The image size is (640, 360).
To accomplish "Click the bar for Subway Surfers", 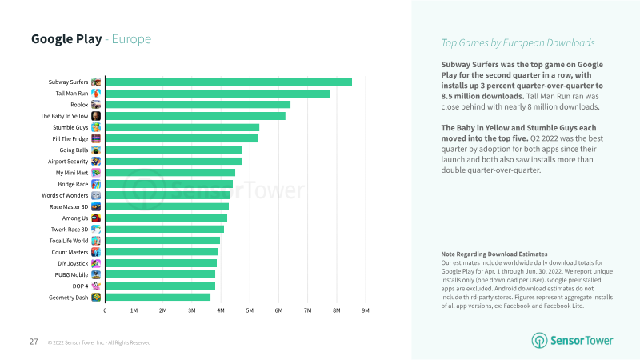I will click(x=228, y=82).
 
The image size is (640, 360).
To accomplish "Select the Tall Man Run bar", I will click(x=217, y=94).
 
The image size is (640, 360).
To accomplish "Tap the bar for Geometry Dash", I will click(x=158, y=297).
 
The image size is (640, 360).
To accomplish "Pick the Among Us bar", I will click(x=166, y=218).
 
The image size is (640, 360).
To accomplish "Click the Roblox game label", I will click(x=79, y=105).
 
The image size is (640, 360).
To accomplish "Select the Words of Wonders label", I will click(x=66, y=195).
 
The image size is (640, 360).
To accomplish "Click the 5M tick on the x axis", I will click(x=250, y=310).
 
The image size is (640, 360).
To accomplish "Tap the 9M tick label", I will click(x=366, y=310).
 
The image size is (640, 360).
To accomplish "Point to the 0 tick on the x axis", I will click(x=106, y=310).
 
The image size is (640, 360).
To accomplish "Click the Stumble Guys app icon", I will click(x=96, y=127).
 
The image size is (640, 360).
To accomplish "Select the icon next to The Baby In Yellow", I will click(x=96, y=116).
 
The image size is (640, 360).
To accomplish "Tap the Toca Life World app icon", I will click(x=96, y=240).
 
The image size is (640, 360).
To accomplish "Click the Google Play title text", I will click(x=66, y=39).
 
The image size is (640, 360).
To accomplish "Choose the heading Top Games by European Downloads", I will click(x=518, y=43).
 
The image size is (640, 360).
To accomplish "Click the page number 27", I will click(x=34, y=342).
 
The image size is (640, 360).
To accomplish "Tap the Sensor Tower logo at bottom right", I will click(x=573, y=341).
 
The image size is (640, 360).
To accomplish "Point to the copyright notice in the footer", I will click(x=98, y=343).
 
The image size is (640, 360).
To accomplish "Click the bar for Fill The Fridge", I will click(x=182, y=138).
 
